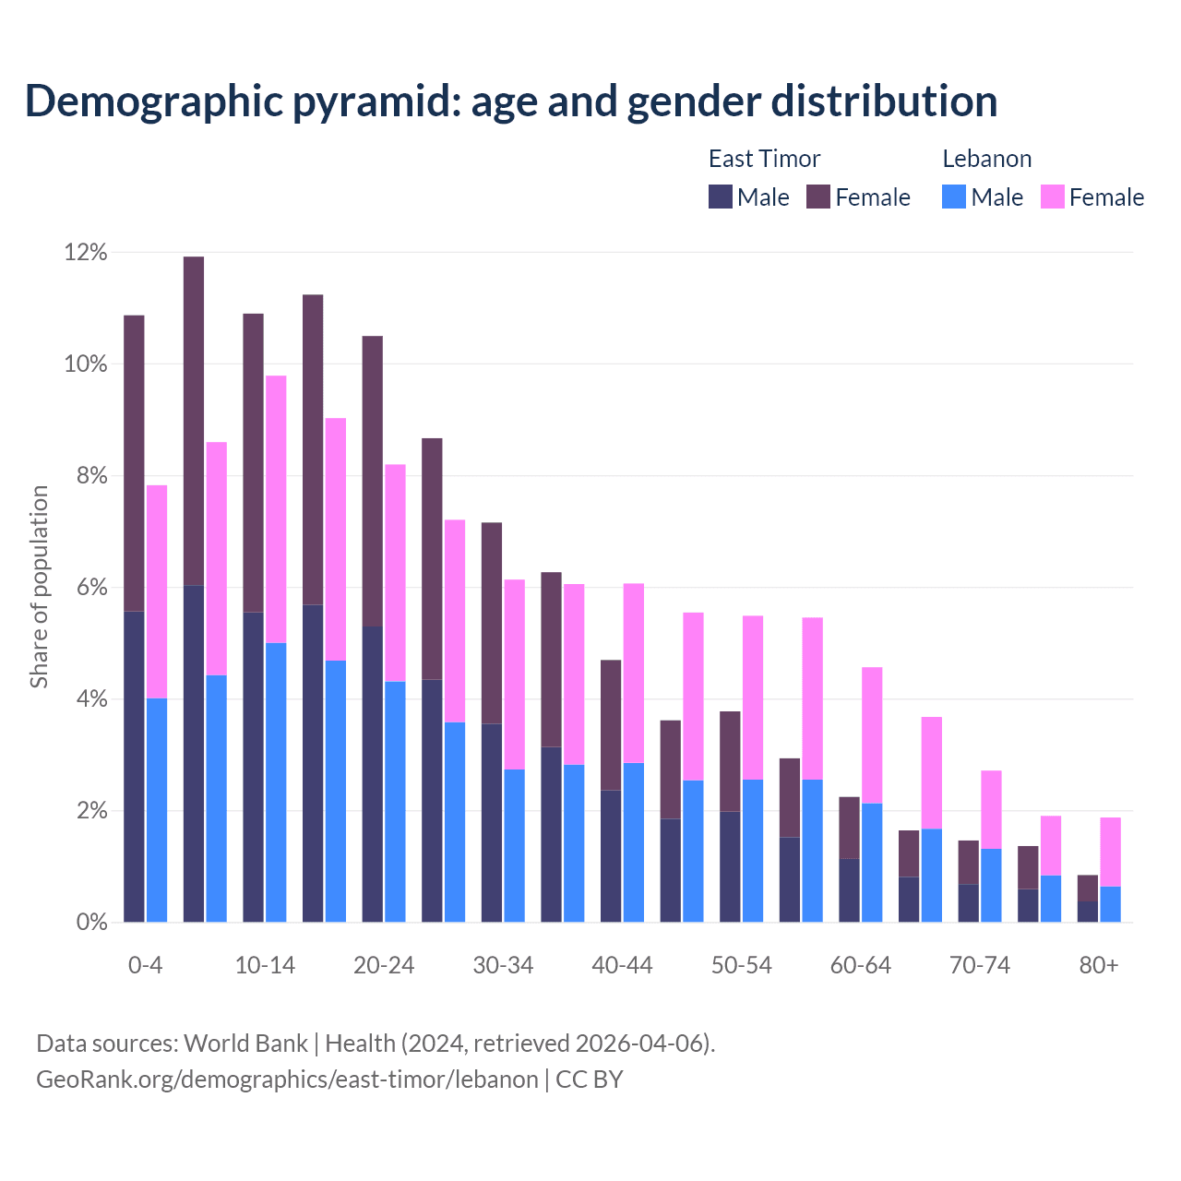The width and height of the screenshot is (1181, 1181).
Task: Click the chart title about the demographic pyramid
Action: click(511, 101)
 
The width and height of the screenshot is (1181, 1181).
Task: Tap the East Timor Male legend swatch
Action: click(721, 197)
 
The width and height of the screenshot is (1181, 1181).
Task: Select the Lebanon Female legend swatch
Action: click(1053, 197)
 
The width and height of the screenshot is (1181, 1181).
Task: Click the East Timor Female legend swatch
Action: click(818, 197)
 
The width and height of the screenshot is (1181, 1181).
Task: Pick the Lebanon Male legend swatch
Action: click(954, 197)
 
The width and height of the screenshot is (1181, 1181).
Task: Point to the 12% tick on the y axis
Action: click(86, 252)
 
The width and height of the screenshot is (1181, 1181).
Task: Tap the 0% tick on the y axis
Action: click(91, 922)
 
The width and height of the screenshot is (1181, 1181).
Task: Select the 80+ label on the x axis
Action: click(1099, 965)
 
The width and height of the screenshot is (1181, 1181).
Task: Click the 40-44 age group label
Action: click(622, 965)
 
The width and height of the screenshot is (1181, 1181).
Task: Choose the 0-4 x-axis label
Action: click(145, 965)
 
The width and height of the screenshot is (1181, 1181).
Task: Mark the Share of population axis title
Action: click(39, 587)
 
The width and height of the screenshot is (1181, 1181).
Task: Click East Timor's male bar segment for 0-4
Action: click(134, 766)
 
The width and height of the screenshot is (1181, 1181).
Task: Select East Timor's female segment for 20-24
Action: click(373, 481)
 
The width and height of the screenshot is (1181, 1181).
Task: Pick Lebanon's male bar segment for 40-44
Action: click(634, 841)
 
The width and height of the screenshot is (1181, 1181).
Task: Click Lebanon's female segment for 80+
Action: click(1111, 852)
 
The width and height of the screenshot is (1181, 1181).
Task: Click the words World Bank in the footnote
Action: click(245, 1044)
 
